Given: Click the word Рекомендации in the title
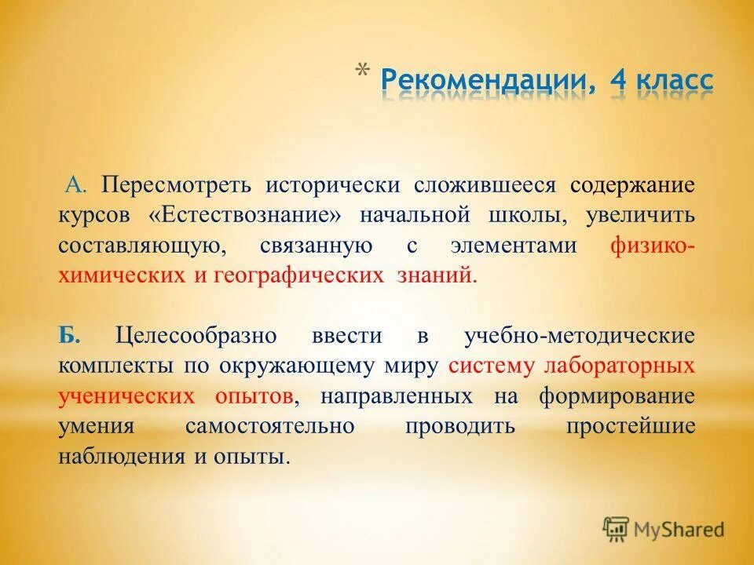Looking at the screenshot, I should coord(485,82).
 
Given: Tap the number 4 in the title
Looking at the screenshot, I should coord(611,82).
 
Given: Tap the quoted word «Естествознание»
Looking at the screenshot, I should coord(245,216).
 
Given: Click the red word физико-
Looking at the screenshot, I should coord(652,246).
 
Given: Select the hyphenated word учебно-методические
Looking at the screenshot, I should coord(579,337).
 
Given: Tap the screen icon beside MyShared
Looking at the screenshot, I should coord(616,529).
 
